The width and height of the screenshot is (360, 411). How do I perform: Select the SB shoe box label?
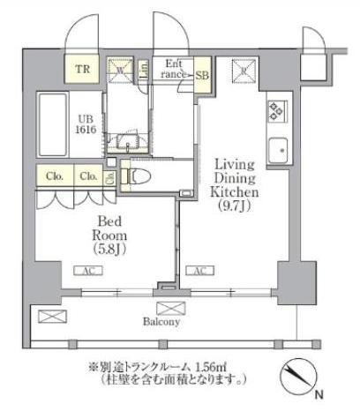202,74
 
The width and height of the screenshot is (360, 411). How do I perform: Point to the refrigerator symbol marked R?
242,71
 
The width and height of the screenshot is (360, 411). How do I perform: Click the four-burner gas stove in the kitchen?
275,111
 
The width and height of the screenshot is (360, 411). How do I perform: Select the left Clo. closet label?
54,176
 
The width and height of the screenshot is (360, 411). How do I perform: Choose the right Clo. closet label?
87,176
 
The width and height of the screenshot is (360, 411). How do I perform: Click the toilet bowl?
142,176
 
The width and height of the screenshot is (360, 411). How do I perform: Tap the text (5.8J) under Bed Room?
110,249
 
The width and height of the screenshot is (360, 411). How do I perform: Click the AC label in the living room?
200,271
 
